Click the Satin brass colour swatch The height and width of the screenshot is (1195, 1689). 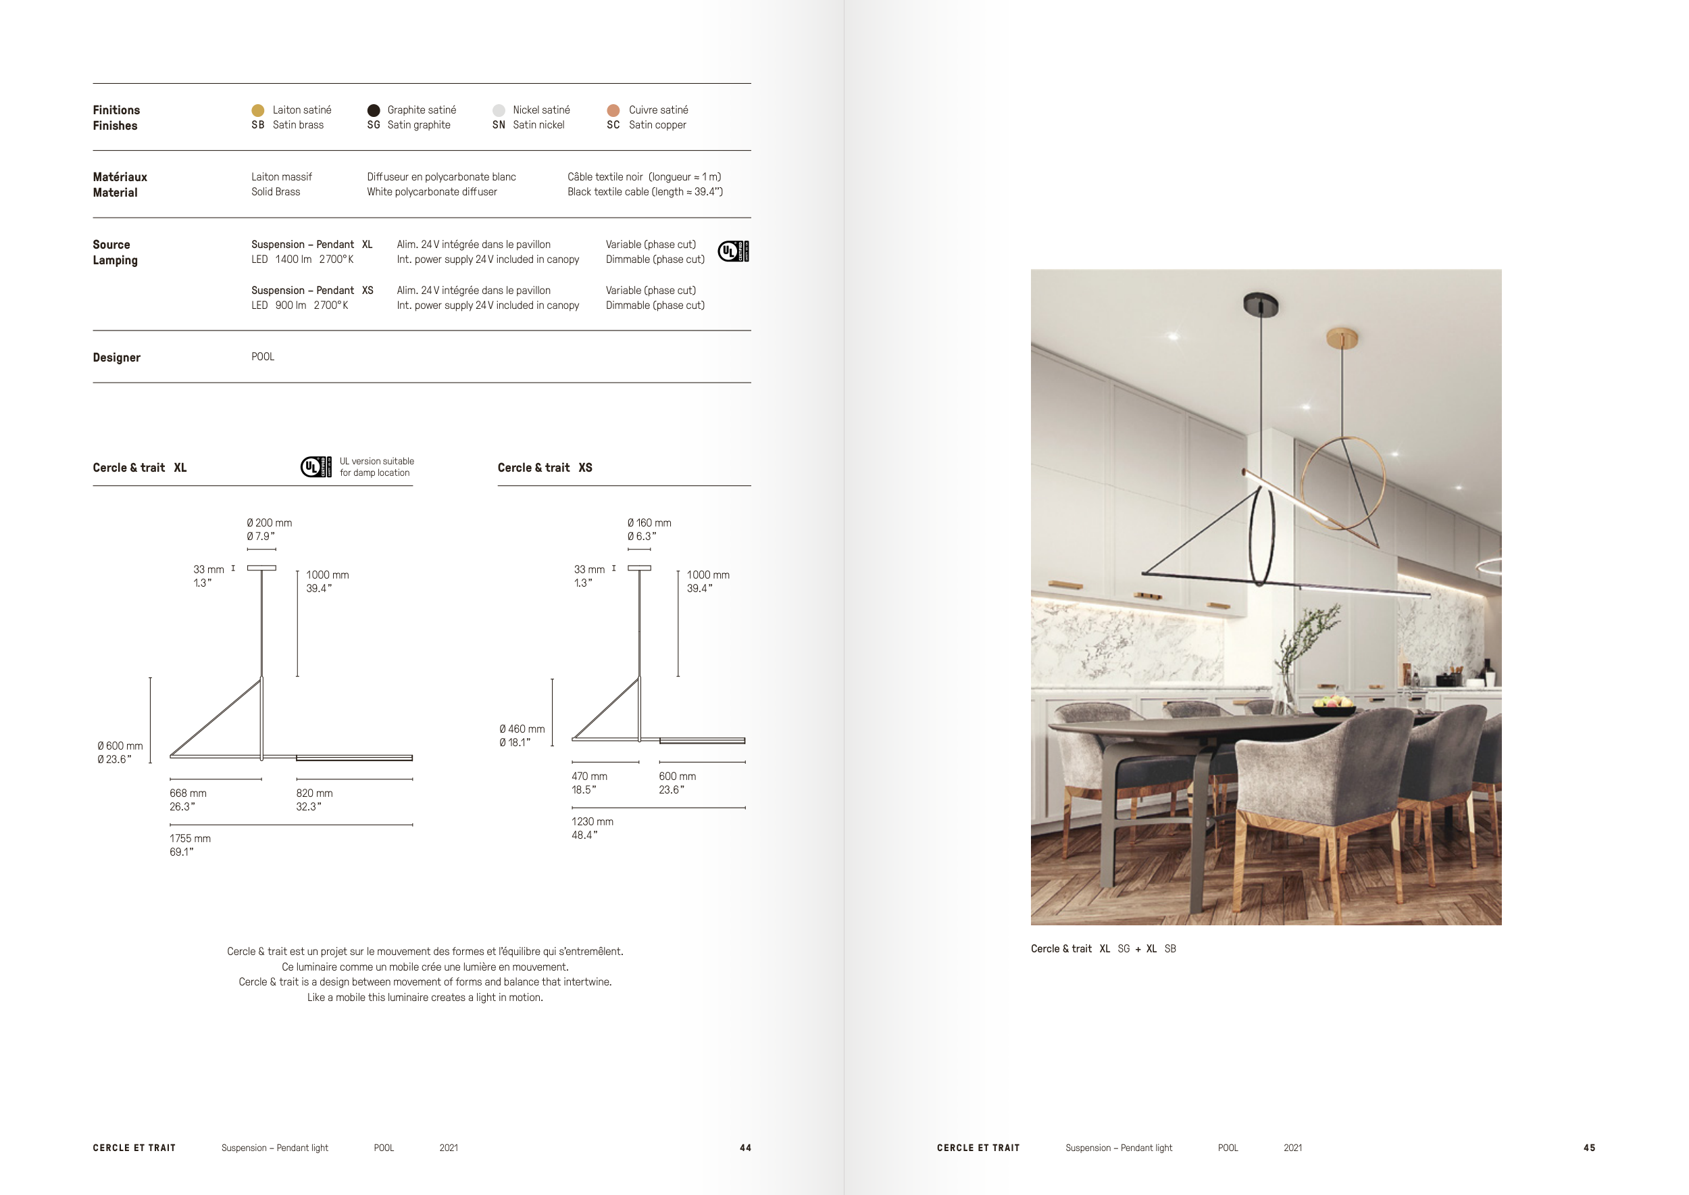pos(257,110)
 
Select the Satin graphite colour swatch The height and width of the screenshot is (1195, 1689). pos(374,110)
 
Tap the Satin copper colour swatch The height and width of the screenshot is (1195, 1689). pos(613,110)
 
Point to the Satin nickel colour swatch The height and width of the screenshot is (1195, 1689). pos(499,110)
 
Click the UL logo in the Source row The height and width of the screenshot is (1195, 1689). pos(732,251)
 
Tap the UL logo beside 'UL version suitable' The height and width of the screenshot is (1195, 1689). pos(316,466)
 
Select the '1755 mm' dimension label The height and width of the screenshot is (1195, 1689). pos(190,838)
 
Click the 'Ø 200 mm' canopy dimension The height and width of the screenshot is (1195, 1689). pos(270,523)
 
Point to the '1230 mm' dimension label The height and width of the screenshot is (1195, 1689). pos(593,821)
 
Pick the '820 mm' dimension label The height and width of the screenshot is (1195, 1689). pos(314,794)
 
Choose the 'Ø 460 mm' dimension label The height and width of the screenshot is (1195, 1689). pos(522,729)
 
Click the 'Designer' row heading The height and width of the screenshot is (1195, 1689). pos(116,358)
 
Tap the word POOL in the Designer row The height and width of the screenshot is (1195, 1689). pos(263,357)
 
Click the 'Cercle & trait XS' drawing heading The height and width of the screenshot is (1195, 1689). pos(545,468)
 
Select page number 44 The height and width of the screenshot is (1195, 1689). pos(745,1148)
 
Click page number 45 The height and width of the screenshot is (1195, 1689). pos(1589,1148)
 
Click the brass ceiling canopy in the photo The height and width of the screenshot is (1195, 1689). pos(1342,338)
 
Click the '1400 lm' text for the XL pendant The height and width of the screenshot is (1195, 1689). pos(293,260)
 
